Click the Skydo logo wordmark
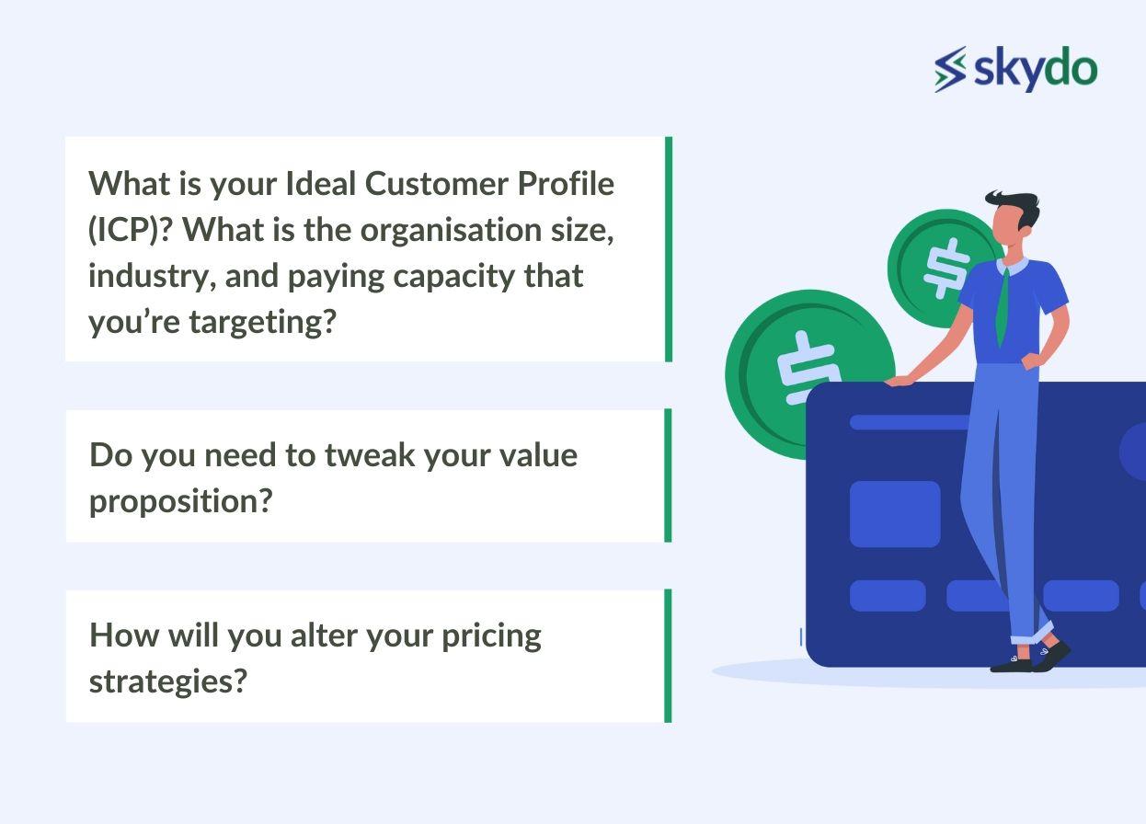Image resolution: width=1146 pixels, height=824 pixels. coord(1036,70)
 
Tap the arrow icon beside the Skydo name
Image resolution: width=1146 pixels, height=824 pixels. coord(951,69)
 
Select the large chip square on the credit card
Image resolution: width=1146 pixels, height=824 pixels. coord(894,514)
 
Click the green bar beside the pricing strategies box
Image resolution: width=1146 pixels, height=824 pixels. coord(668,656)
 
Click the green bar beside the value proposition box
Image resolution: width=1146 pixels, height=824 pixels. coord(668,475)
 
